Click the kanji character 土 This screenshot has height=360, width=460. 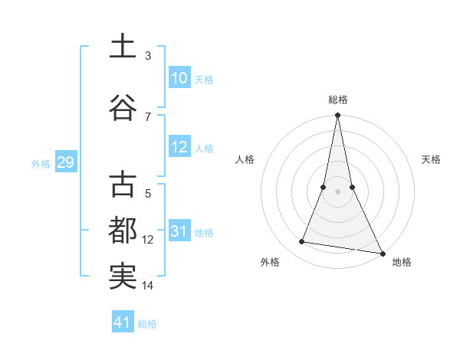[x=123, y=47]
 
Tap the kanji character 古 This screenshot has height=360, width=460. [x=123, y=185]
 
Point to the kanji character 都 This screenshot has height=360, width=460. [x=123, y=231]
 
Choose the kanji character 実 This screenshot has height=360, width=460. [x=123, y=277]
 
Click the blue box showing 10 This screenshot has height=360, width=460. [x=179, y=78]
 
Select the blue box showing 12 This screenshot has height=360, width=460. [x=179, y=148]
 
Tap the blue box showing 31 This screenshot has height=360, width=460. [x=179, y=232]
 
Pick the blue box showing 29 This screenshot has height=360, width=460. [x=65, y=162]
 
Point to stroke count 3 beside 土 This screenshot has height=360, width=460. [x=148, y=56]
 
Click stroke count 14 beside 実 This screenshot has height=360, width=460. [x=148, y=286]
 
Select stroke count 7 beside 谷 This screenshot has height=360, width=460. [x=148, y=116]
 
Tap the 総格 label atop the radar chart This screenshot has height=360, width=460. [x=338, y=100]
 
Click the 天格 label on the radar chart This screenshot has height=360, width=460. [x=431, y=159]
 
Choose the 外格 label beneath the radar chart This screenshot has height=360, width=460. [x=270, y=262]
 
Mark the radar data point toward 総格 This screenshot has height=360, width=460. [x=338, y=116]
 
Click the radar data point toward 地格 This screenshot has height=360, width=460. [x=383, y=252]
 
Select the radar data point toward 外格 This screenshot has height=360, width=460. [x=302, y=242]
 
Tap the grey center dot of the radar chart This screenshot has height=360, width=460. [x=338, y=191]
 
